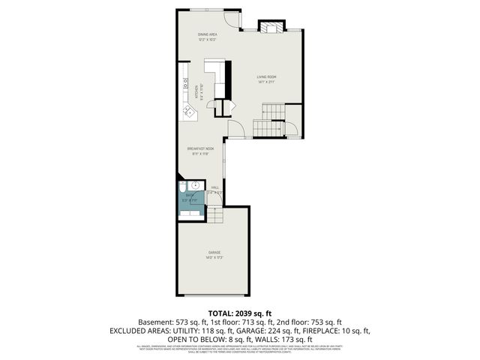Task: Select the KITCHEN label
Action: [x=197, y=92]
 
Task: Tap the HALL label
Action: [x=214, y=189]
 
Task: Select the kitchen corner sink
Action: [x=187, y=113]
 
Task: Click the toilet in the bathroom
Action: [x=184, y=187]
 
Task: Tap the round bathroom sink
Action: [x=196, y=185]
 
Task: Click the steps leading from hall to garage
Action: [x=215, y=216]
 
